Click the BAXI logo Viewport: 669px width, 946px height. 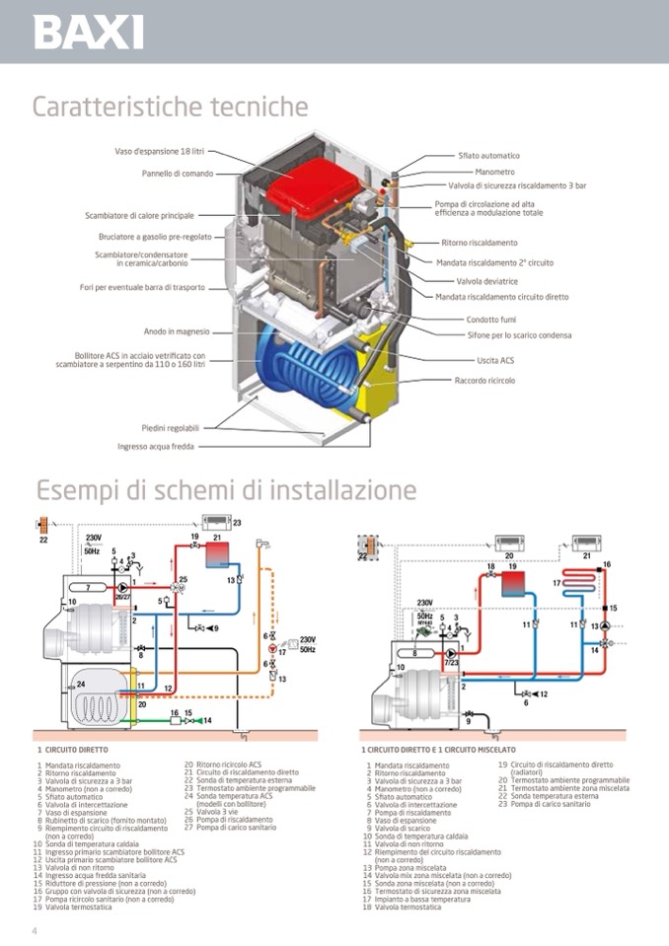(89, 33)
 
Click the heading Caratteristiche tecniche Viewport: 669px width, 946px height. (170, 107)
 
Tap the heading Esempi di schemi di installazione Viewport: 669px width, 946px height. (226, 489)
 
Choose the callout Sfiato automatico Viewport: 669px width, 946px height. (488, 156)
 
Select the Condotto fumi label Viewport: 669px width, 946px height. (491, 319)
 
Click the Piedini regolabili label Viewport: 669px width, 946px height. (170, 428)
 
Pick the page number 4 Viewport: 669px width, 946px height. (36, 931)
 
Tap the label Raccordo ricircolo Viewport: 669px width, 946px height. (484, 381)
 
